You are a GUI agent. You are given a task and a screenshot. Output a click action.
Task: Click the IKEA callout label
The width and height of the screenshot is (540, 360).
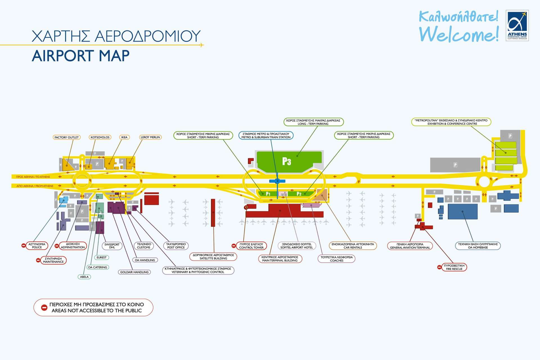tap(124, 137)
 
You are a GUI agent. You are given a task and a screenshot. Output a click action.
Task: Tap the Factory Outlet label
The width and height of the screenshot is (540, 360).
tap(67, 137)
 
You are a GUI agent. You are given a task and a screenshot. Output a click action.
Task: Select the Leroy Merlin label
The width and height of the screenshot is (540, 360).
tap(150, 137)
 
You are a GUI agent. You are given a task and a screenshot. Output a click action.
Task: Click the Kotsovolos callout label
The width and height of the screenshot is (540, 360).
tap(100, 137)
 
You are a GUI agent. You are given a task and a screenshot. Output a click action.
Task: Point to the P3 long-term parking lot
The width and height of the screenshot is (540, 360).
tap(287, 161)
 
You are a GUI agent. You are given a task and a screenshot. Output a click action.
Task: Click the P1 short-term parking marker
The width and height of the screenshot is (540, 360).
tap(268, 194)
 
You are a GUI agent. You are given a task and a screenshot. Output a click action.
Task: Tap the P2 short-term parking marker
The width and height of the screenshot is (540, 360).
tap(299, 194)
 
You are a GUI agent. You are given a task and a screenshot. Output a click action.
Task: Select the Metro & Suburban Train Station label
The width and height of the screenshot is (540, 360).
tap(266, 136)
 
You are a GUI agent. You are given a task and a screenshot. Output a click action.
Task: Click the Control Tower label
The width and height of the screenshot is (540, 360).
tap(251, 246)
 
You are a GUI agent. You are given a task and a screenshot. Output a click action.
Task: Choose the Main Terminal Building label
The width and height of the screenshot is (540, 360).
tap(280, 259)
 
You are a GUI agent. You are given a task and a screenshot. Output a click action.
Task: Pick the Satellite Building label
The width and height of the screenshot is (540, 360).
tap(213, 256)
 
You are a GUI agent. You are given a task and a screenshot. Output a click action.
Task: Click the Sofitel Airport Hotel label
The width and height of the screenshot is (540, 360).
tap(296, 246)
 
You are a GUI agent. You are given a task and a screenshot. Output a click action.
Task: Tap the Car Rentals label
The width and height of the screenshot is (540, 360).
tap(353, 246)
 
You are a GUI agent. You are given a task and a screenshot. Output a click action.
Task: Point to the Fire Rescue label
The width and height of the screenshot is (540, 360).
tap(454, 267)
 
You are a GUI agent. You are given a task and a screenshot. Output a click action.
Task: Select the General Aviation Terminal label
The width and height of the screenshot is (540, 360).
tap(410, 246)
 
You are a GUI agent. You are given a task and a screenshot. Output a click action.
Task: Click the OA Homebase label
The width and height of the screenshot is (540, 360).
tap(478, 246)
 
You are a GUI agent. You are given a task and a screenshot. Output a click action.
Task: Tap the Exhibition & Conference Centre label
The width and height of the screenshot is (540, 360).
tap(451, 122)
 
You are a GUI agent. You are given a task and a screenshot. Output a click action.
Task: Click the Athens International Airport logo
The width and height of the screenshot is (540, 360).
tap(517, 26)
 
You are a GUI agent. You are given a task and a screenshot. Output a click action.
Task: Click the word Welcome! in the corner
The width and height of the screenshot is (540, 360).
tap(458, 34)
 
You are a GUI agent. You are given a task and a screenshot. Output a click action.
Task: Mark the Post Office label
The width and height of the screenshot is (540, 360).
tap(176, 246)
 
